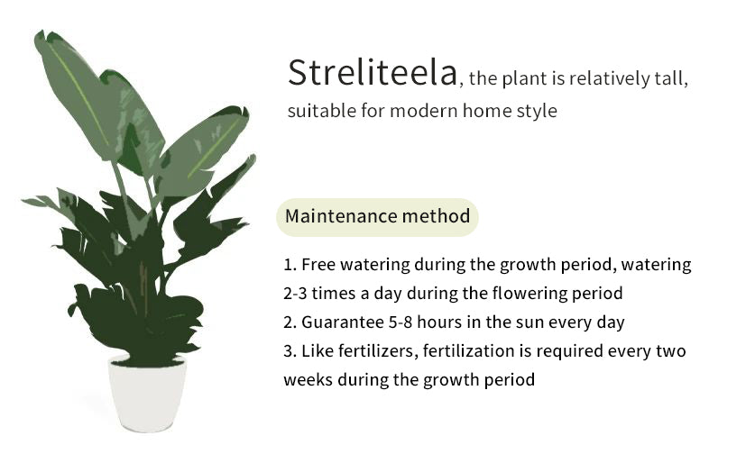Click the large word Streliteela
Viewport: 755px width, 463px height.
point(373,73)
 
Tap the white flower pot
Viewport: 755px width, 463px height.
point(147,394)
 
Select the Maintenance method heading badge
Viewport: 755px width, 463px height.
point(377,217)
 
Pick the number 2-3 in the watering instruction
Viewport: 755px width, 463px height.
point(295,293)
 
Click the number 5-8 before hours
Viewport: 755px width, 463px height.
point(401,322)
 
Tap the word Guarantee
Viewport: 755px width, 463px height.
point(343,322)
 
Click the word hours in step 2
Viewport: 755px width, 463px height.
point(439,322)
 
